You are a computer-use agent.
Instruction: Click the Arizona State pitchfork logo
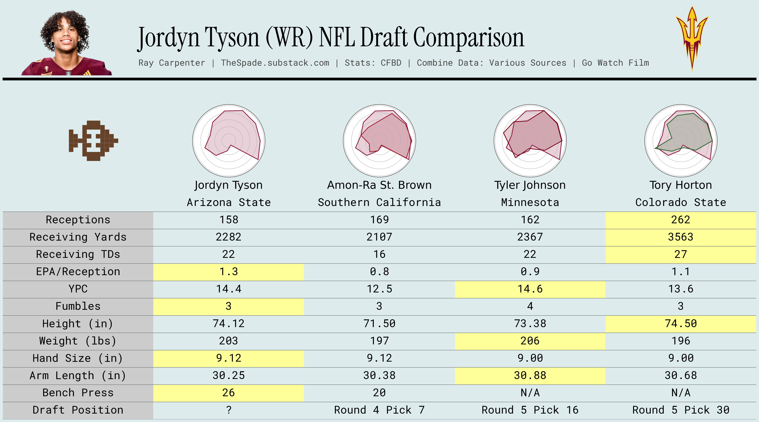(692, 38)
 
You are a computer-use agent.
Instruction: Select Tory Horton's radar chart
(681, 141)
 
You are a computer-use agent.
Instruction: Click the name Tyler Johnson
(530, 185)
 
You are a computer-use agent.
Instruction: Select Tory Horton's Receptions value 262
(681, 220)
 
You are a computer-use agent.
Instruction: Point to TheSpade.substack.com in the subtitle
(275, 63)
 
